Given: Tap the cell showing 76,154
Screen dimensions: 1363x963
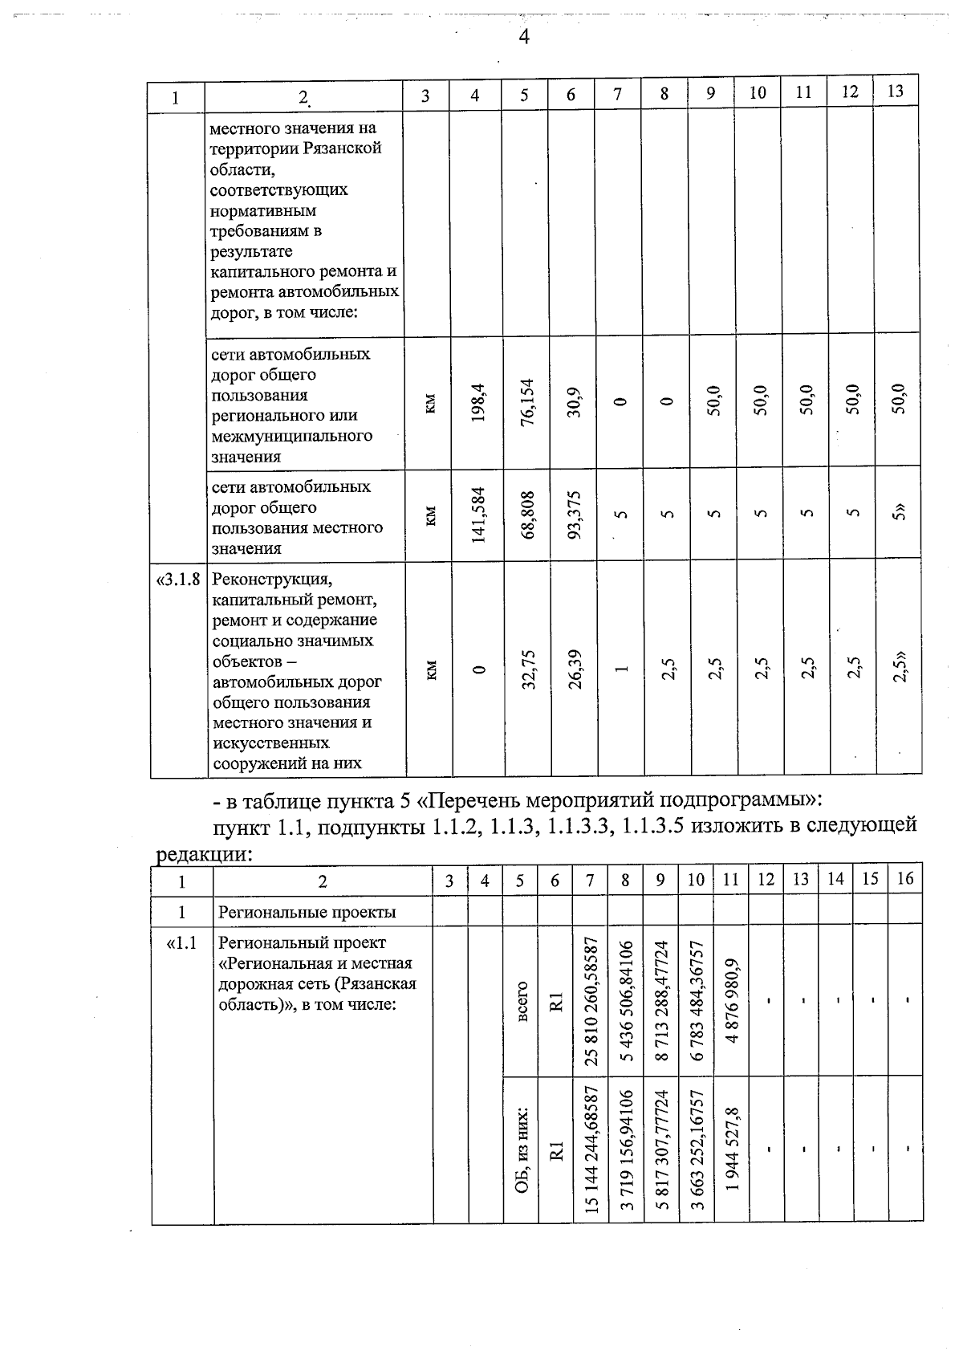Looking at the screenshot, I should (526, 403).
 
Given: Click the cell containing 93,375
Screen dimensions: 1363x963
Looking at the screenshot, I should (572, 514).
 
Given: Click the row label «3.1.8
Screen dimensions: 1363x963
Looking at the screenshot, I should (177, 580).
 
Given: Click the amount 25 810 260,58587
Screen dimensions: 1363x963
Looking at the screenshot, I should (591, 1000).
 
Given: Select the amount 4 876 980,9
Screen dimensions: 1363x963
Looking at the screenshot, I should (730, 1000).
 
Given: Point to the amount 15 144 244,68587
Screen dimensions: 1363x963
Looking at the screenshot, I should (591, 1149).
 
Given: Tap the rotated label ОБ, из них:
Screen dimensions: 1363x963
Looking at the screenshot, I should (521, 1149).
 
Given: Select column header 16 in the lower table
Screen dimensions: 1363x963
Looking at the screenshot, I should (905, 879).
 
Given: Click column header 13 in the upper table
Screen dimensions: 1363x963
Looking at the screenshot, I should (896, 92).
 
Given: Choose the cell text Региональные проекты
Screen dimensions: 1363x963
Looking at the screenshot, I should (307, 913).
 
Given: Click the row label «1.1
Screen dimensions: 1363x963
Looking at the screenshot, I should (182, 943).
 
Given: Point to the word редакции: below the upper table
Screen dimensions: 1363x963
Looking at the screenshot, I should (203, 854).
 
